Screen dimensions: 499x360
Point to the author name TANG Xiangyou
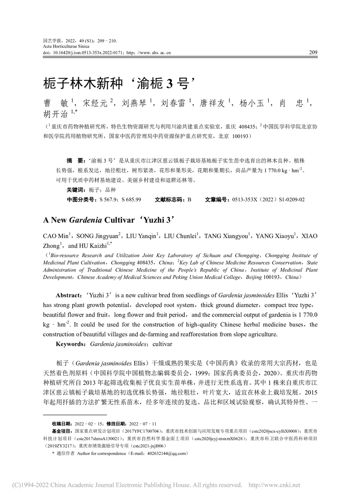pos(223,236)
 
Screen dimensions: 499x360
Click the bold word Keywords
pos(71,344)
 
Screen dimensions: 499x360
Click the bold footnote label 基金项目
pos(62,431)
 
